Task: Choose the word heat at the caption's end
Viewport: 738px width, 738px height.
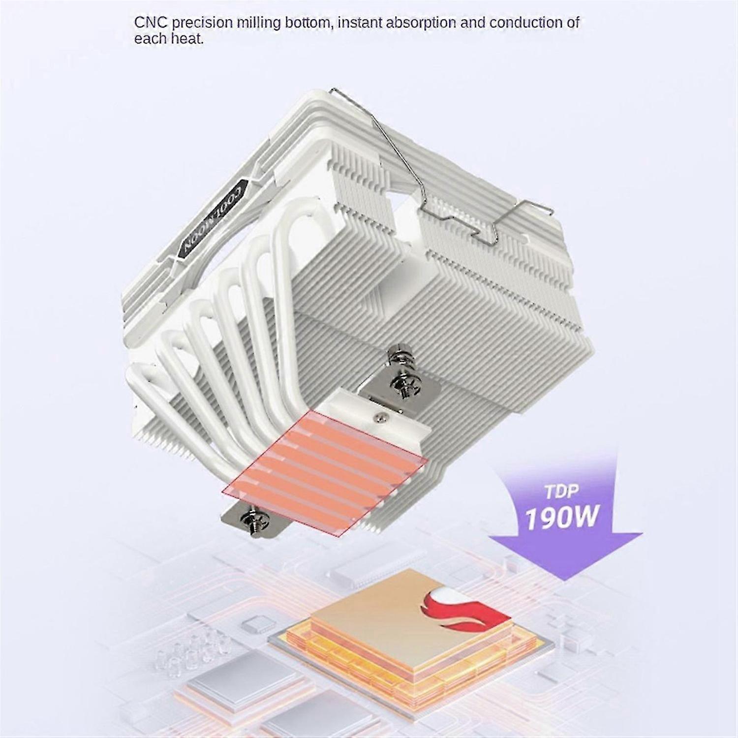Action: [x=187, y=39]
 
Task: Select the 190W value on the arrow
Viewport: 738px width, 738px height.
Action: [x=562, y=516]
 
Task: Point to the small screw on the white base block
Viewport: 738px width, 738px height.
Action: [x=378, y=417]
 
